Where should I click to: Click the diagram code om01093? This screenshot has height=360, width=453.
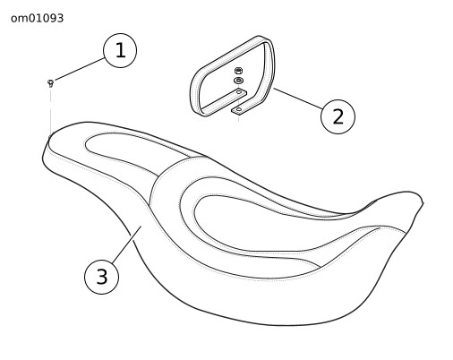[x=37, y=18]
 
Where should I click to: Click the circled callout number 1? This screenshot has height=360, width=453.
[x=120, y=50]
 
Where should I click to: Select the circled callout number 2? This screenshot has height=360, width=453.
[x=338, y=116]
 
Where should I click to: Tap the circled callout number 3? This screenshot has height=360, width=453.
[x=102, y=277]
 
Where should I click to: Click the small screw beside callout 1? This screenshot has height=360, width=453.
[x=51, y=82]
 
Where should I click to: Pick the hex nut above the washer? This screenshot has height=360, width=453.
[x=238, y=71]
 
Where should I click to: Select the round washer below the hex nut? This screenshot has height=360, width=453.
[x=238, y=81]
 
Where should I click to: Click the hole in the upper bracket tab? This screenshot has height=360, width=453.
[x=239, y=92]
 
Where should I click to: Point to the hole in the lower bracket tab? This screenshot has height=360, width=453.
[x=238, y=109]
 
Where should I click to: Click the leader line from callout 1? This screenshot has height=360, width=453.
[x=79, y=70]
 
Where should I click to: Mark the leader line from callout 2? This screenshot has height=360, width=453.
[x=298, y=99]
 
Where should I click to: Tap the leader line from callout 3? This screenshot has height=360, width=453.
[x=125, y=245]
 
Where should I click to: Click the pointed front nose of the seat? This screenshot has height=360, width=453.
[x=422, y=203]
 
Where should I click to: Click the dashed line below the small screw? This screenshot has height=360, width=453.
[x=51, y=111]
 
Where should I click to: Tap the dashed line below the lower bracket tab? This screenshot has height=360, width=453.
[x=238, y=118]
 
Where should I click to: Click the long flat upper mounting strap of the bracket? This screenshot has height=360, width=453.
[x=223, y=101]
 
